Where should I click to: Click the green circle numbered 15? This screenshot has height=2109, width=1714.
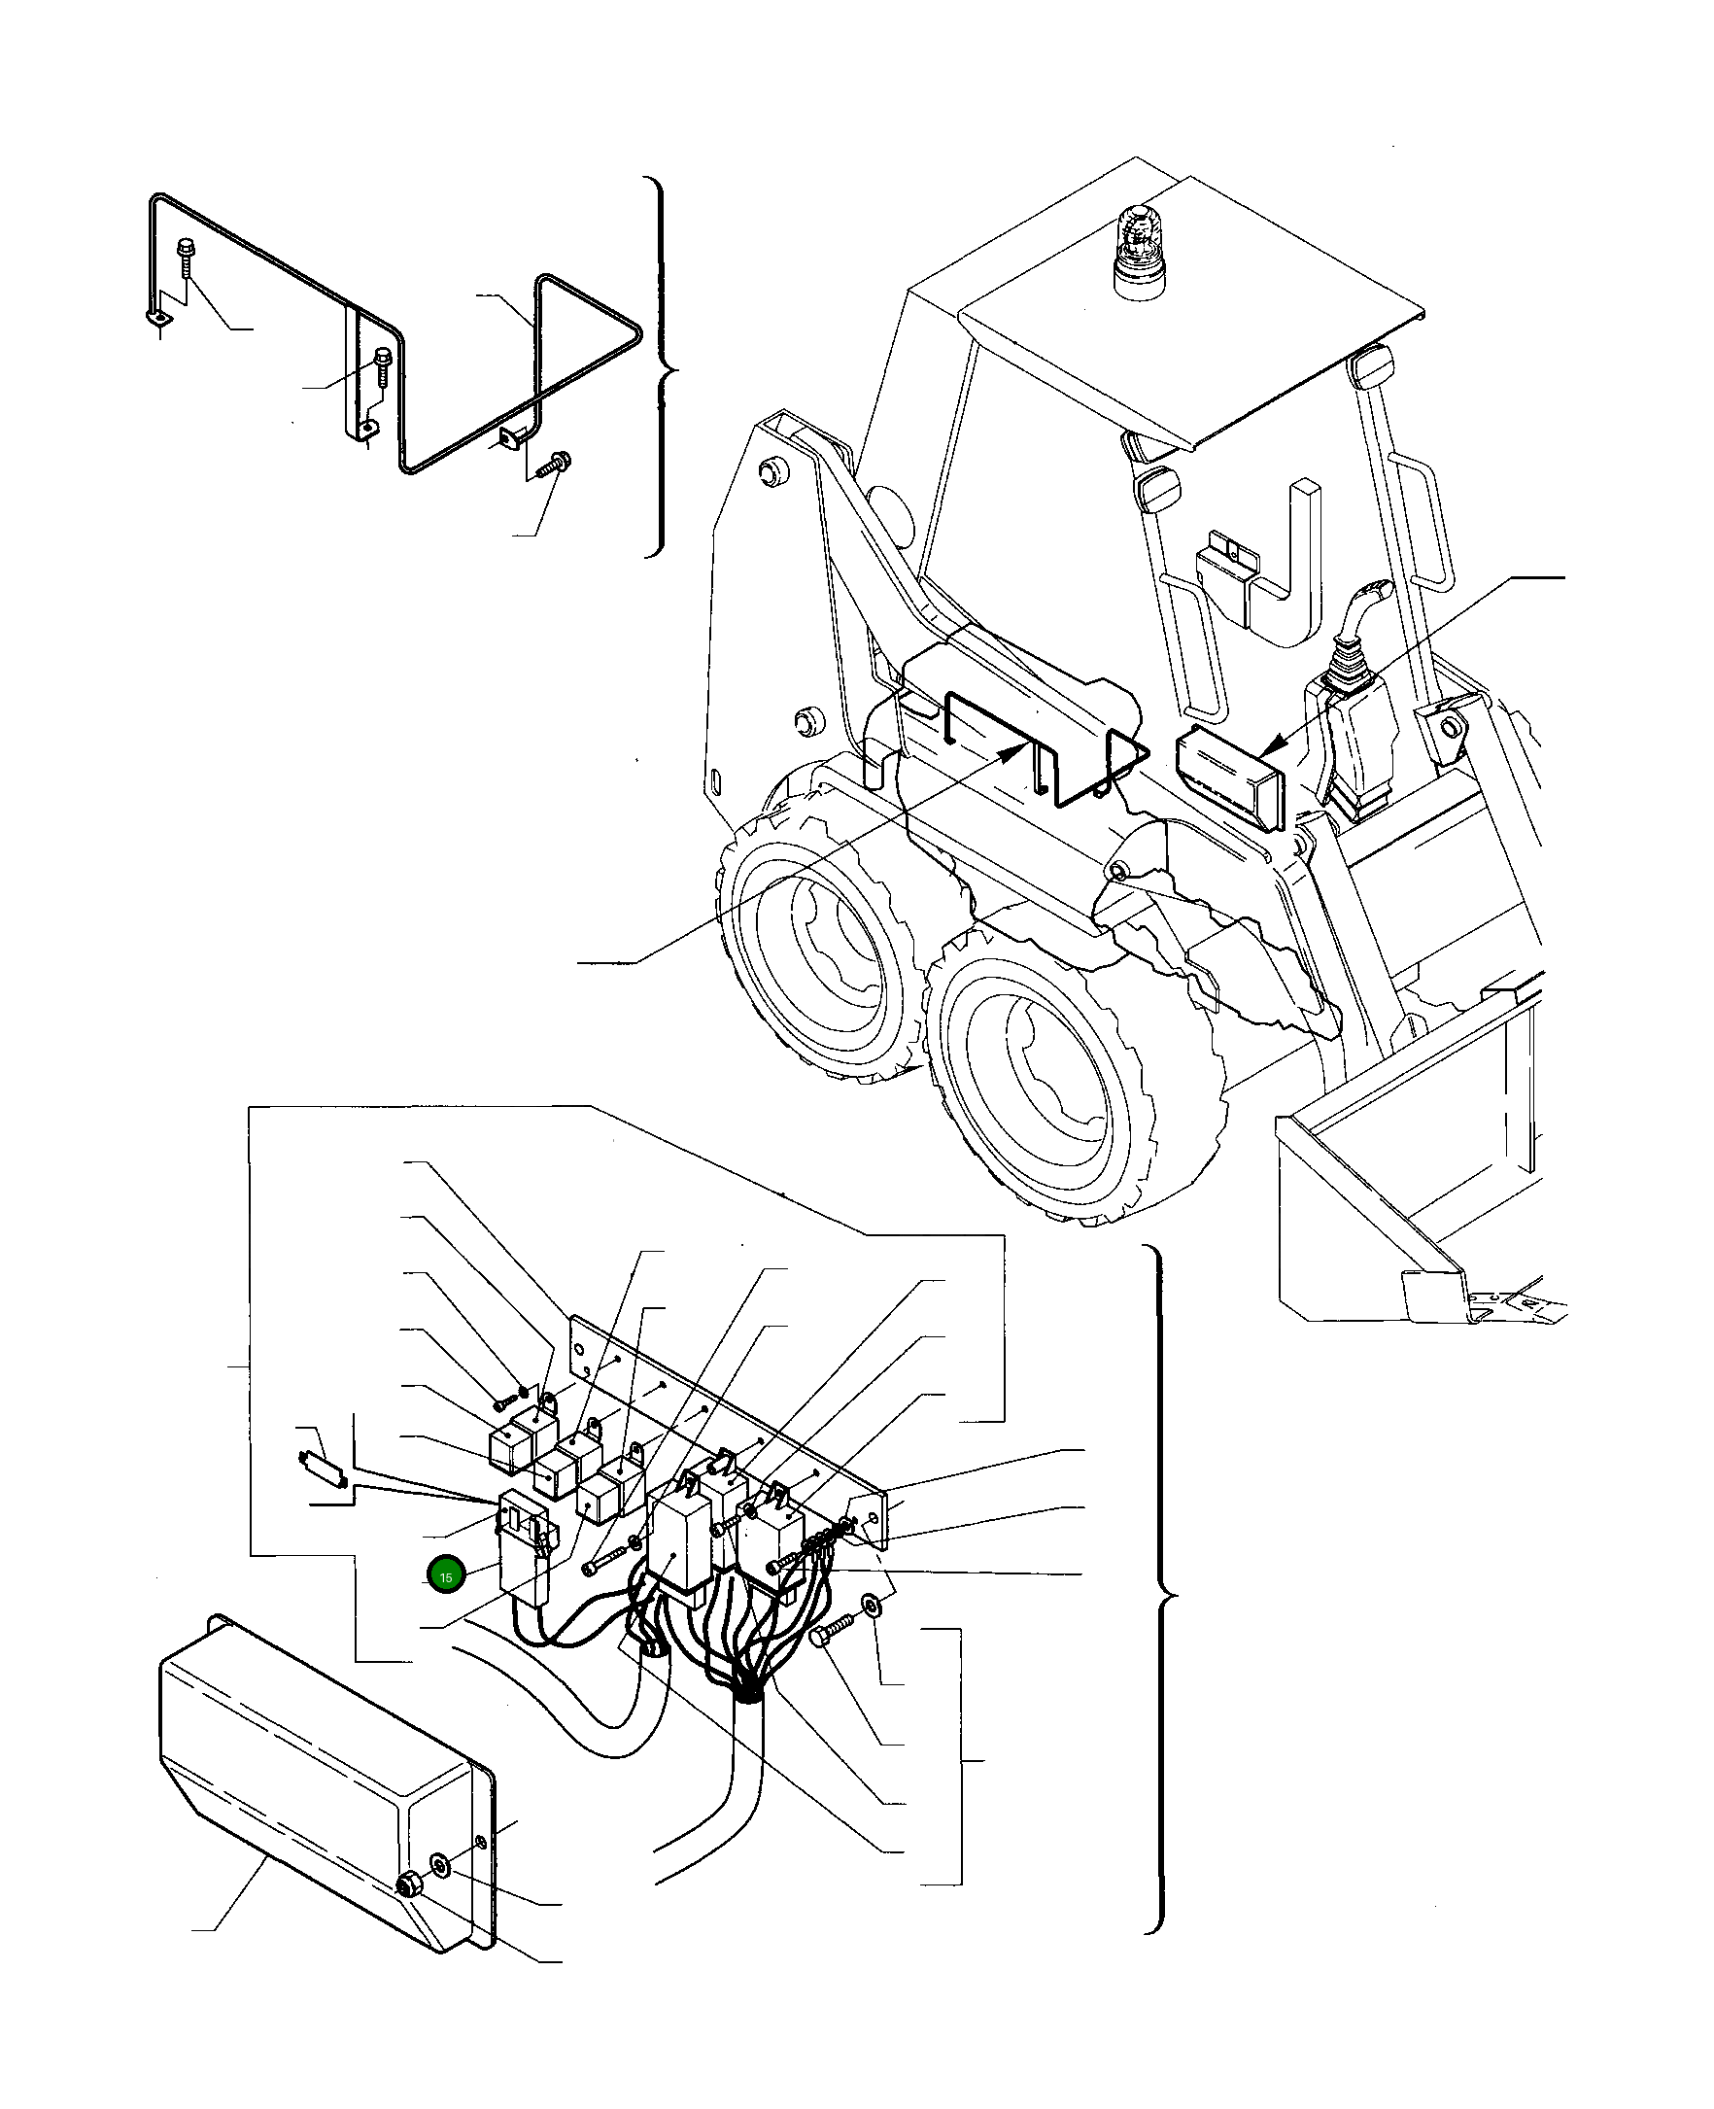(445, 1576)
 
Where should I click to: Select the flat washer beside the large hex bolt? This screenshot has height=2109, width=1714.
(872, 1603)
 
